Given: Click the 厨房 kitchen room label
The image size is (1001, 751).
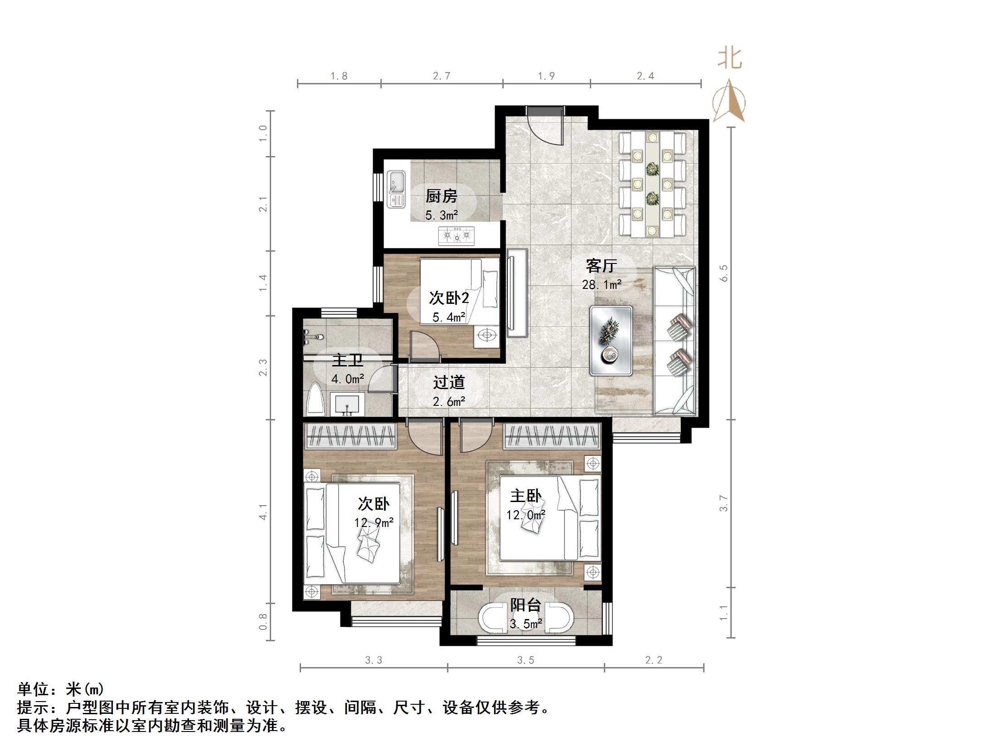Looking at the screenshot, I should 441,196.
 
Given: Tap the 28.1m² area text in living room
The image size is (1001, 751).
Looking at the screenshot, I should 602,285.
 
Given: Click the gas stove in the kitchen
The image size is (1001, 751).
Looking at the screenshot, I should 456,236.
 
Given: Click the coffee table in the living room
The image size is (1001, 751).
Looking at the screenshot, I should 611,340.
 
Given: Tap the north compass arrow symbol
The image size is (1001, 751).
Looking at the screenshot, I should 729,101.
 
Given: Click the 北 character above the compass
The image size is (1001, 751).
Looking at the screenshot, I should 729,59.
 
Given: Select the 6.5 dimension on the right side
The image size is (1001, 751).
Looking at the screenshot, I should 724,273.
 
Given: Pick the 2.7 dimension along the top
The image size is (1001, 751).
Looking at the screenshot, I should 441,76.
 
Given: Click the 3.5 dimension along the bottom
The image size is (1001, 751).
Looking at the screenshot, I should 525,660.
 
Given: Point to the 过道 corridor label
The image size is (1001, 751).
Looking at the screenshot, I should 449,382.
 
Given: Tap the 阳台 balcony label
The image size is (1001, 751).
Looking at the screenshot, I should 525,605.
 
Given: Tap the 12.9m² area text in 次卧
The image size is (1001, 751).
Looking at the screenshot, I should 374,522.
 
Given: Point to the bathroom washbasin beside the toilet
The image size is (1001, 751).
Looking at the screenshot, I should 347,404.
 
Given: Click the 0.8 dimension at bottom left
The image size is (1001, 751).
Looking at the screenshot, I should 263,621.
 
